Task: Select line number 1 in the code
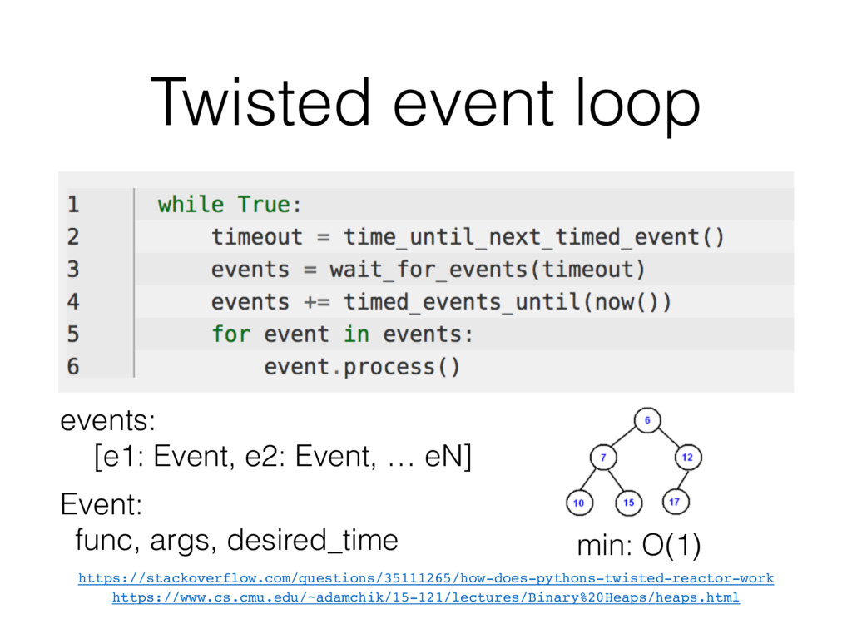coord(73,204)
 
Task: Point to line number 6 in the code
coord(73,366)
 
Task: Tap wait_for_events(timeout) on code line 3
coord(487,270)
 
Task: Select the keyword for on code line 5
coord(230,334)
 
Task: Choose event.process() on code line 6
coord(362,366)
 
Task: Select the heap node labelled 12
coord(687,458)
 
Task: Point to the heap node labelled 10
coord(579,502)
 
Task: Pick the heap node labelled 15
coord(628,502)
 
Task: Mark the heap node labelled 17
coord(674,502)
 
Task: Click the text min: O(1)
coord(638,547)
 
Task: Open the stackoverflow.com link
coord(425,577)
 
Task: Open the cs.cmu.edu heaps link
coord(425,597)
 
